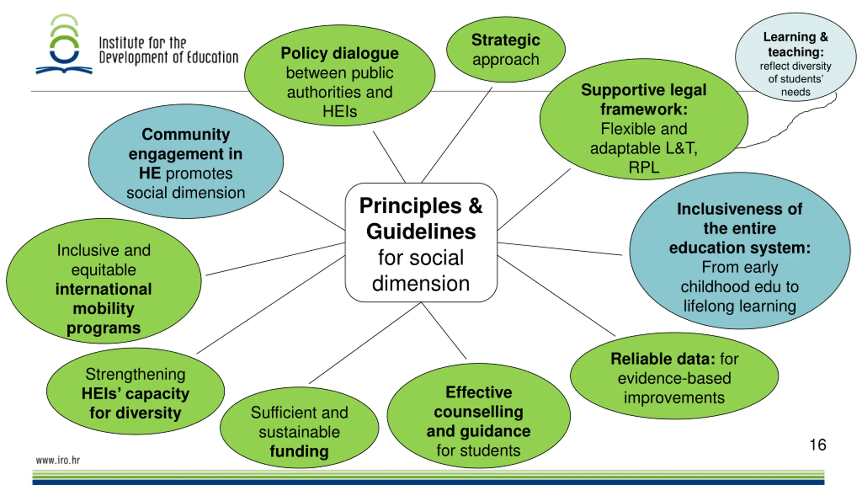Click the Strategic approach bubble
(x=506, y=50)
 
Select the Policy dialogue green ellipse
(x=339, y=75)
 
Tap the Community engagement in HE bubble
(x=186, y=162)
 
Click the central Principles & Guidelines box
(x=421, y=243)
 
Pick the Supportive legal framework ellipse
(x=644, y=119)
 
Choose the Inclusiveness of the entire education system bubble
(x=740, y=251)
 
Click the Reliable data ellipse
(x=674, y=376)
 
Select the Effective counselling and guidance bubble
(x=478, y=416)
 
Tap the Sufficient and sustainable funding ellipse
(x=299, y=428)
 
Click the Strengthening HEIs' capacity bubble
(x=135, y=391)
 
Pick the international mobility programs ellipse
(x=104, y=281)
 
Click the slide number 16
(x=818, y=445)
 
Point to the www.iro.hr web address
(x=58, y=460)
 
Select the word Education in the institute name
(x=212, y=58)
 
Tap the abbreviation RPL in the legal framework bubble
(x=644, y=167)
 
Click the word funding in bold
(x=299, y=451)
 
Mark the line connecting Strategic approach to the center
(x=457, y=135)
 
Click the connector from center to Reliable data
(x=556, y=296)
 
